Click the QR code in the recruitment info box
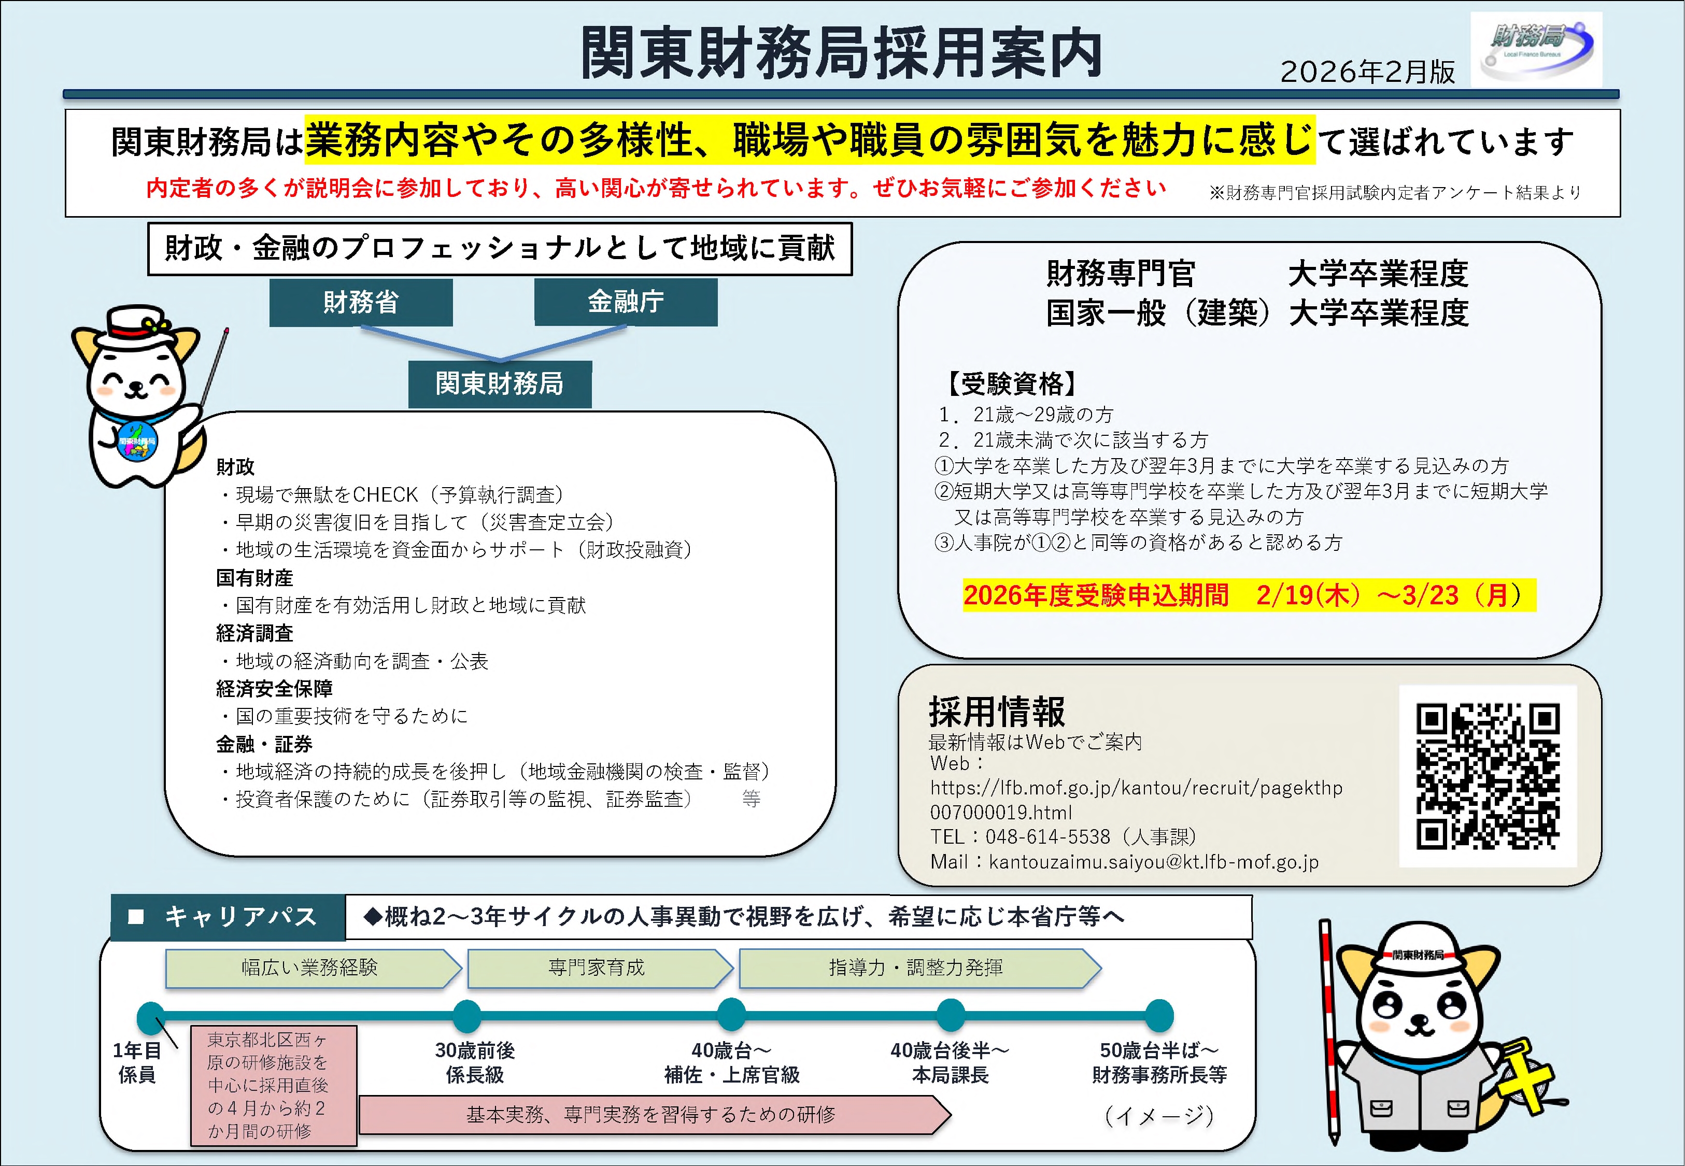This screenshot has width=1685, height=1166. (x=1488, y=776)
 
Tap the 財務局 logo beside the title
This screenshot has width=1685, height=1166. (x=1536, y=50)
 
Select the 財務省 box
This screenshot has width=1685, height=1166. (x=361, y=302)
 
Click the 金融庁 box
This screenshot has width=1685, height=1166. (x=626, y=302)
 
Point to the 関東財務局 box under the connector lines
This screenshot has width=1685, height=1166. (x=500, y=383)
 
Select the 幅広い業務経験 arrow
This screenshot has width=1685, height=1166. (x=310, y=968)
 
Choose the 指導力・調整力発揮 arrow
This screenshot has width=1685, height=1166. (x=917, y=968)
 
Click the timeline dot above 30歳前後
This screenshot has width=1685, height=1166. (x=467, y=1016)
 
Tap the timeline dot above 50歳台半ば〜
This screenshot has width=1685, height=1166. (x=1159, y=1016)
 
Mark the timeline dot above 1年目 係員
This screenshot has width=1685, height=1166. (x=150, y=1017)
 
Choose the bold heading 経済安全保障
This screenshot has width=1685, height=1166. (x=274, y=688)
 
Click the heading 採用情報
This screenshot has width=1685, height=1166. (x=997, y=711)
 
